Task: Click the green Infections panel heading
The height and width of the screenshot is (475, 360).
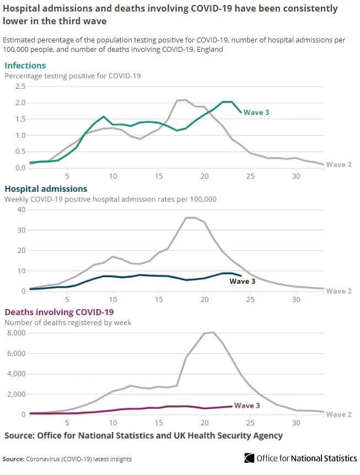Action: pyautogui.click(x=25, y=66)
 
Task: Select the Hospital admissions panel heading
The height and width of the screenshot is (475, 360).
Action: pyautogui.click(x=46, y=189)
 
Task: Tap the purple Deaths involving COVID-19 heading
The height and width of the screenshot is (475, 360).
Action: pyautogui.click(x=58, y=312)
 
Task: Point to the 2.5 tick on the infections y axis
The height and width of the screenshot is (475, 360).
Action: pyautogui.click(x=20, y=86)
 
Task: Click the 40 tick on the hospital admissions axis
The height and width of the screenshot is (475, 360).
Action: pyautogui.click(x=22, y=209)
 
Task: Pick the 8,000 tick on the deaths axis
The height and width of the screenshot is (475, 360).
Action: pyautogui.click(x=15, y=333)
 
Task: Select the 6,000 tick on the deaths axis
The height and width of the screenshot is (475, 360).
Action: pyautogui.click(x=15, y=353)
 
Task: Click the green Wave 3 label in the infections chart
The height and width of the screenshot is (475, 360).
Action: pyautogui.click(x=256, y=112)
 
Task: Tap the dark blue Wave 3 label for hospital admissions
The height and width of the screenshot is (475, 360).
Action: pyautogui.click(x=243, y=282)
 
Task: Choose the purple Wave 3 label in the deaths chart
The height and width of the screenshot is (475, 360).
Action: pyautogui.click(x=248, y=406)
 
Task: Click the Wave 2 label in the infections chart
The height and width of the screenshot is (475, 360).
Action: pyautogui.click(x=339, y=164)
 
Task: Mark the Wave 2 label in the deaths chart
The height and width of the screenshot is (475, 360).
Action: pyautogui.click(x=339, y=414)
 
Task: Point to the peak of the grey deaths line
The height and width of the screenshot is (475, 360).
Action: pyautogui.click(x=213, y=332)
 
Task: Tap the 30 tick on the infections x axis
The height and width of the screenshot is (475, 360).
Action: pyautogui.click(x=296, y=176)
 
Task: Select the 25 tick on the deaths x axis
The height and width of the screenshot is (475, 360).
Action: pyautogui.click(x=250, y=423)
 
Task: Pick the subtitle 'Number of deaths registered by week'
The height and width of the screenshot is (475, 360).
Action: pyautogui.click(x=68, y=322)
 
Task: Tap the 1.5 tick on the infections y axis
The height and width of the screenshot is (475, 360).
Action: pyautogui.click(x=20, y=118)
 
